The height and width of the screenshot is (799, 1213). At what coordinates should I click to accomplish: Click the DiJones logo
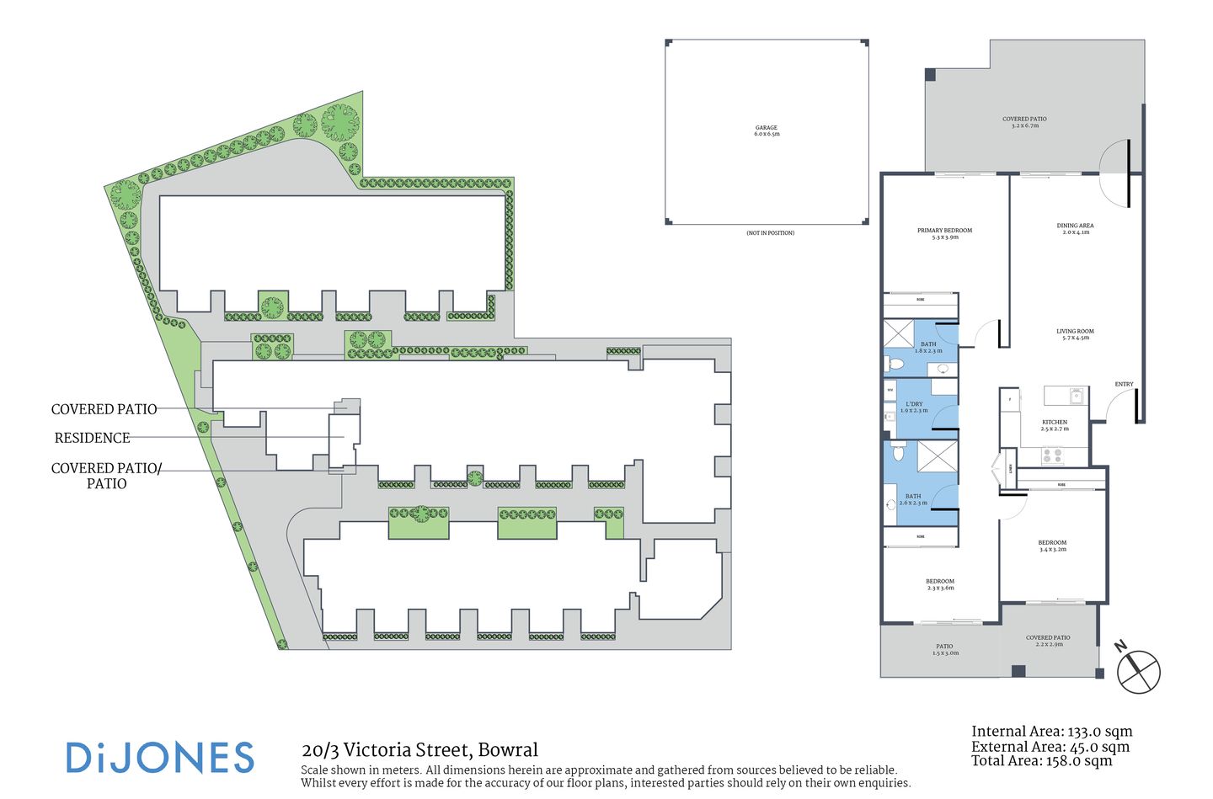160,758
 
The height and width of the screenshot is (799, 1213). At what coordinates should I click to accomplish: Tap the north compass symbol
1138,671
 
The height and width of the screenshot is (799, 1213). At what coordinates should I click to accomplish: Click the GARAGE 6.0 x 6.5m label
766,131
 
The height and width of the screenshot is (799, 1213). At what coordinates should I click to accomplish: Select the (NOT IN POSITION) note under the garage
770,233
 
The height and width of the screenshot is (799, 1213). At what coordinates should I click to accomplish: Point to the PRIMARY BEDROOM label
944,233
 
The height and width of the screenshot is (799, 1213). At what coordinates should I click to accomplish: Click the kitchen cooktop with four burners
1052,455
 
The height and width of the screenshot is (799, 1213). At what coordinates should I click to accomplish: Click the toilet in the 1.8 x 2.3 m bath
894,365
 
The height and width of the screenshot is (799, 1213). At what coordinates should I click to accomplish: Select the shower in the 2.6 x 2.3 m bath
937,457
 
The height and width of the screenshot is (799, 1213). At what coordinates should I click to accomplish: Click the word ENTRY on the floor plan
1124,384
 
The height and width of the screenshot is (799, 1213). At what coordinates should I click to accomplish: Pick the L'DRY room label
914,407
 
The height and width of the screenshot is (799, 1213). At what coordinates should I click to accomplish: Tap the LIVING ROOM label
1075,334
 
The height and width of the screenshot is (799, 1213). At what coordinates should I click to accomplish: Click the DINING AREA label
1075,228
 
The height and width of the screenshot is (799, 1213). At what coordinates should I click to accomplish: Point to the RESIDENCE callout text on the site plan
93,438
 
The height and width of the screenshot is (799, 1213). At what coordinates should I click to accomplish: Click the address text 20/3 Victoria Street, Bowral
419,749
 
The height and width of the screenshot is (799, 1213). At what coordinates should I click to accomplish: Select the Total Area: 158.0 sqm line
1041,761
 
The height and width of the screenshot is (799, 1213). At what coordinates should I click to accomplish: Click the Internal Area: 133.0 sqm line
1051,732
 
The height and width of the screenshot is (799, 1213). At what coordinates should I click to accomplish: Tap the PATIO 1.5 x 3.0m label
944,649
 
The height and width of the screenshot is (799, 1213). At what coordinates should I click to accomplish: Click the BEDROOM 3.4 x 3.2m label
1052,546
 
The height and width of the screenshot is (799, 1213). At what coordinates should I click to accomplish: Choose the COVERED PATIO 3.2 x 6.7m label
1024,122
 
